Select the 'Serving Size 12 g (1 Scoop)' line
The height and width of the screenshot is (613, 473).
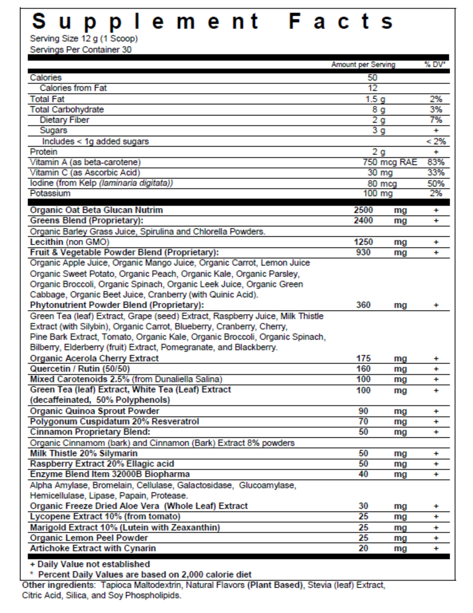[x=84, y=39]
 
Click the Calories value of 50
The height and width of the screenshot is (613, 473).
[x=372, y=78]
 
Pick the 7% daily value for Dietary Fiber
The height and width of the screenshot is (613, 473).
[x=436, y=120]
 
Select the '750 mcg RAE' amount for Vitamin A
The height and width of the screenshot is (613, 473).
[x=390, y=162]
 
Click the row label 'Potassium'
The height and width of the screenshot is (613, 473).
[x=50, y=193]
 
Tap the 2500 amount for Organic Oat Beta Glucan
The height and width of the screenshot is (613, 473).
[x=363, y=210]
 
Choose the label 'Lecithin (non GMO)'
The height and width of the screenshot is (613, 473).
[x=69, y=242]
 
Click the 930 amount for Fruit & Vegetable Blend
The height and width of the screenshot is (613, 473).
[x=363, y=252]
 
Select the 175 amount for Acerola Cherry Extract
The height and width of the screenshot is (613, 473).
[x=363, y=358]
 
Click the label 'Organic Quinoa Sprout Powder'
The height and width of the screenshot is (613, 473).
[x=94, y=411]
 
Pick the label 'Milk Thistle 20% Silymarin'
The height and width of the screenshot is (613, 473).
[x=84, y=453]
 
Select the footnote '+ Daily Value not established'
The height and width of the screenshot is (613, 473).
[x=90, y=564]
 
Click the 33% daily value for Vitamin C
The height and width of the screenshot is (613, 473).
[x=436, y=172]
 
